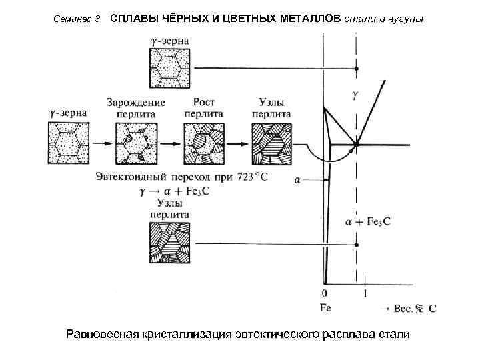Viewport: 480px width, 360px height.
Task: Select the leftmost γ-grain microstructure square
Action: click(x=69, y=143)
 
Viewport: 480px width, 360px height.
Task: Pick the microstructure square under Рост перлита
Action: click(x=203, y=143)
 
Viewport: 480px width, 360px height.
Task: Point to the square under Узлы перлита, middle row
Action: click(x=271, y=143)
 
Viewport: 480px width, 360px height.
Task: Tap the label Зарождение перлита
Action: click(x=135, y=108)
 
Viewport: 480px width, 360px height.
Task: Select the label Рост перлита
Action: click(x=203, y=108)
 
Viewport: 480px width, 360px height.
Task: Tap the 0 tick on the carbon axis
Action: click(x=325, y=293)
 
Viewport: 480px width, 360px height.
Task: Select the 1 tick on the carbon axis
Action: click(x=365, y=293)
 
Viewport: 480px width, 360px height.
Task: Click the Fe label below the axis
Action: click(x=325, y=308)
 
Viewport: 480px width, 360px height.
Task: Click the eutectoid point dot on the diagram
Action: click(x=357, y=144)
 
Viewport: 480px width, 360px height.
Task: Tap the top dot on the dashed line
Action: click(x=357, y=69)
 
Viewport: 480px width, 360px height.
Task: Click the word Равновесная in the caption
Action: click(x=107, y=333)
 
